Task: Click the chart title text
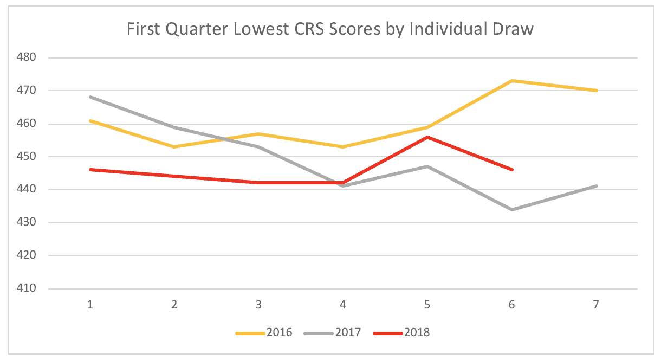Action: click(x=330, y=29)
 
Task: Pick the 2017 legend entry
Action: click(x=333, y=332)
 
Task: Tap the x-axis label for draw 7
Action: click(x=596, y=305)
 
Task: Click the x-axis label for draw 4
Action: click(x=343, y=305)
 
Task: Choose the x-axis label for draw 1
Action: click(x=90, y=305)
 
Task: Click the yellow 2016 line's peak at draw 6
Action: click(x=511, y=81)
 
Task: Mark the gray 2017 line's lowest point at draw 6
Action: click(x=511, y=209)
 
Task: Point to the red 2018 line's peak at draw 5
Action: click(x=427, y=137)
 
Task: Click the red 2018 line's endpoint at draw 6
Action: click(x=511, y=170)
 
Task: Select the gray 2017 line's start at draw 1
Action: click(x=90, y=97)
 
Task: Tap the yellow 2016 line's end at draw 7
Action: click(x=596, y=91)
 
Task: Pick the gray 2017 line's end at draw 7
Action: click(x=596, y=186)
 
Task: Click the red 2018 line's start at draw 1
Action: click(x=90, y=170)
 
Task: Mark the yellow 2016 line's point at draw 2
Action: click(x=174, y=146)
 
